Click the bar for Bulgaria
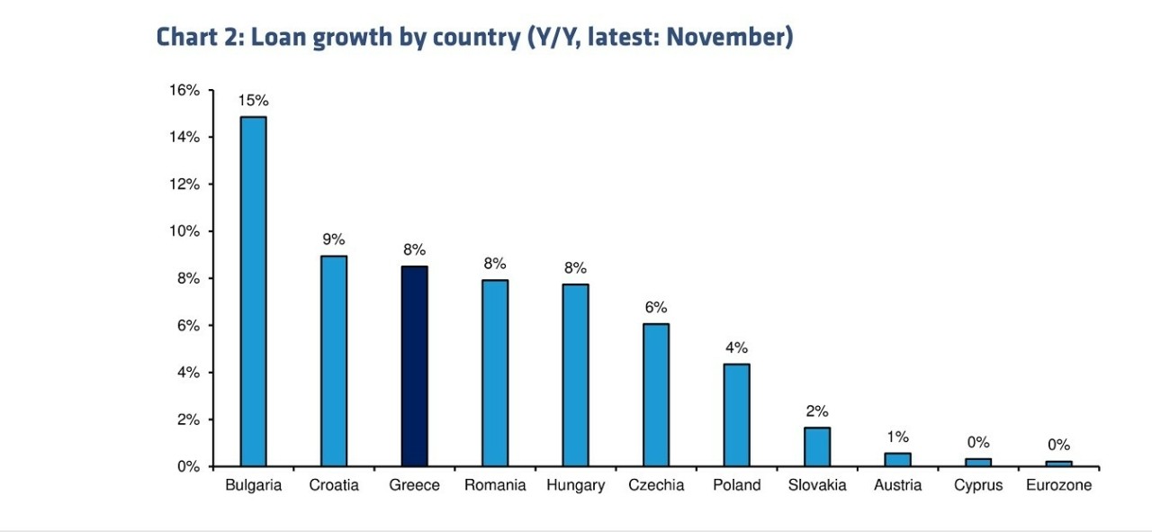click(x=253, y=291)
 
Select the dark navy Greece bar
click(x=414, y=365)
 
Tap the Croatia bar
click(x=334, y=360)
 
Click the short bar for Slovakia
click(x=816, y=446)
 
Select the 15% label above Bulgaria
click(x=253, y=100)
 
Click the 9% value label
click(x=334, y=239)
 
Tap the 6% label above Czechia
click(x=655, y=307)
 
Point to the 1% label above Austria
click(x=897, y=437)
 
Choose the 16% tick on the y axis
click(x=184, y=90)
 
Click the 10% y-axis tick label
click(x=184, y=231)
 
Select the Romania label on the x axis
click(x=495, y=485)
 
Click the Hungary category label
click(x=575, y=485)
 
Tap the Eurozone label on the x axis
click(x=1058, y=485)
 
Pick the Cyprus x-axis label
click(x=978, y=485)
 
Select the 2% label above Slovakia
click(x=816, y=411)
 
